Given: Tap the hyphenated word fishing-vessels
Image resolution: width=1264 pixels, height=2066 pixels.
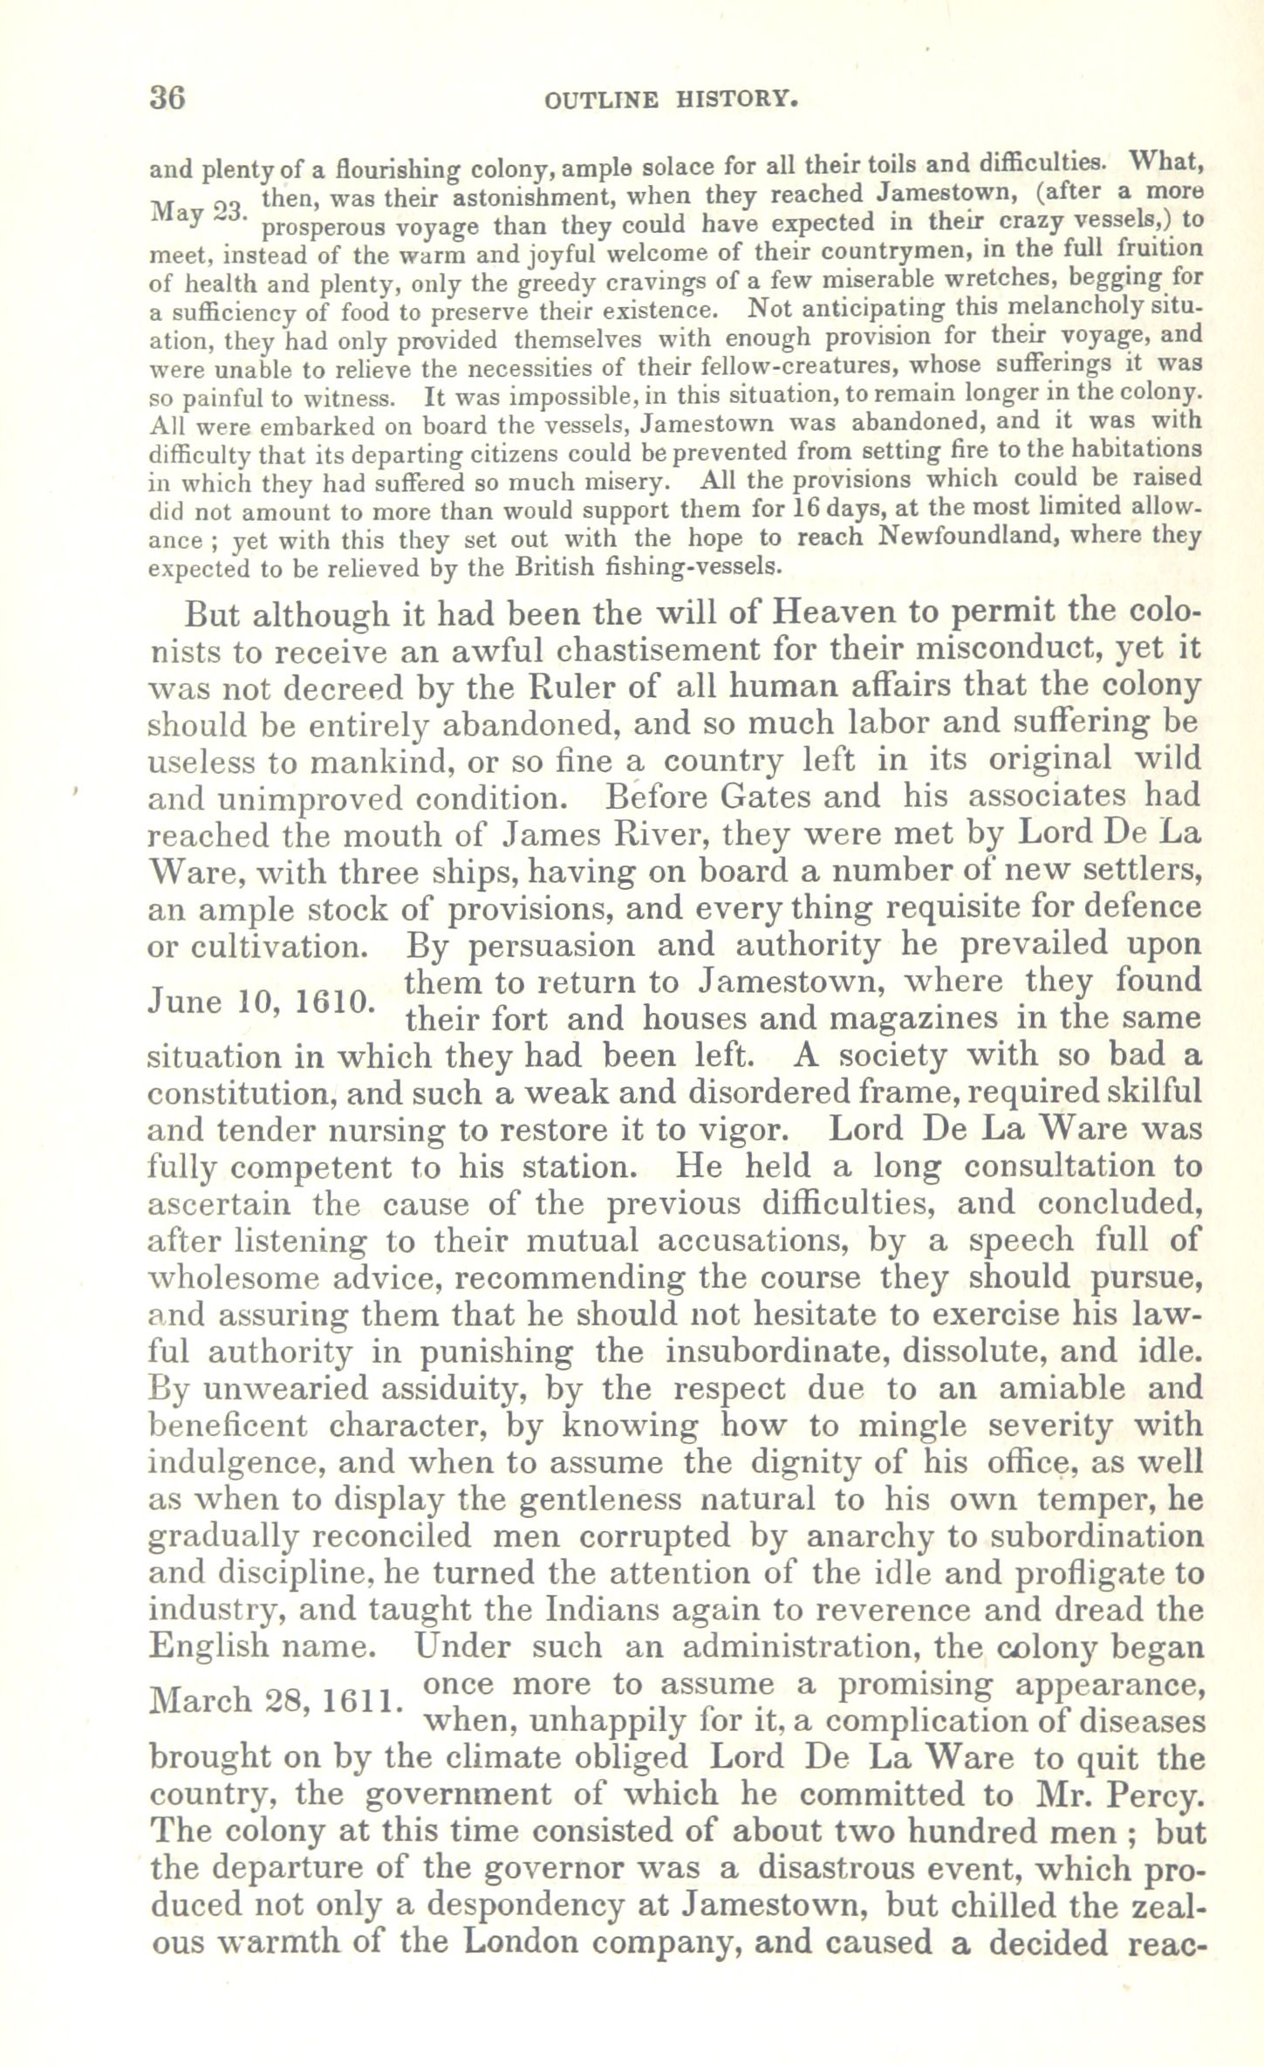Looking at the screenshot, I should [x=696, y=565].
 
